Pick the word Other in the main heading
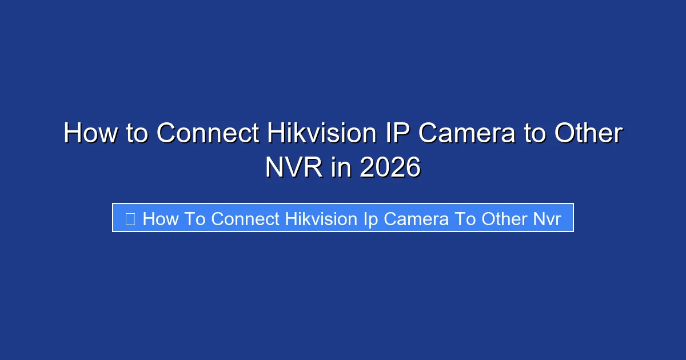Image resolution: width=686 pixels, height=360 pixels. coord(589,134)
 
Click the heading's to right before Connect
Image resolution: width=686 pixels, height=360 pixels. coord(137,134)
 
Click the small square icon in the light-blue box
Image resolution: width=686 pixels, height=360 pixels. coord(130,218)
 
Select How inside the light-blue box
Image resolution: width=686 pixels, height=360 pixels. coord(161,218)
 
